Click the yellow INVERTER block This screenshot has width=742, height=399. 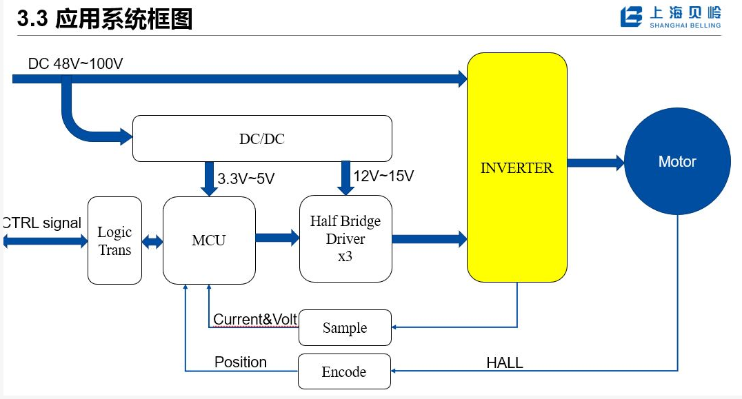517,167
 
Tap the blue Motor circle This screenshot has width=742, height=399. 677,161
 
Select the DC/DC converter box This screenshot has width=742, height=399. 261,139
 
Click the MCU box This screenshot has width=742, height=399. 209,241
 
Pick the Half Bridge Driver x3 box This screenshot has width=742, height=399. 345,238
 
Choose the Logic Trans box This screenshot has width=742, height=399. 114,241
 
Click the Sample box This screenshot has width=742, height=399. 345,328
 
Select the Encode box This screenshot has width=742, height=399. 344,372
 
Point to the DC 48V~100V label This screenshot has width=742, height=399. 76,64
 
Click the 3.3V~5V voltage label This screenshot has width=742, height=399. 246,179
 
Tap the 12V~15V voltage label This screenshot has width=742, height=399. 383,176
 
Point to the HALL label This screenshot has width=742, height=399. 505,362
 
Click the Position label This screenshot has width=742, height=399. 241,362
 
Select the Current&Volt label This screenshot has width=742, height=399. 255,320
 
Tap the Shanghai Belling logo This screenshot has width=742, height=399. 670,17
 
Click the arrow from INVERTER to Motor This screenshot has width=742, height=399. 595,163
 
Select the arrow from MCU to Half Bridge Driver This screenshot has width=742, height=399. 277,238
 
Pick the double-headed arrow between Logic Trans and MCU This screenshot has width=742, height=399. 152,242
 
